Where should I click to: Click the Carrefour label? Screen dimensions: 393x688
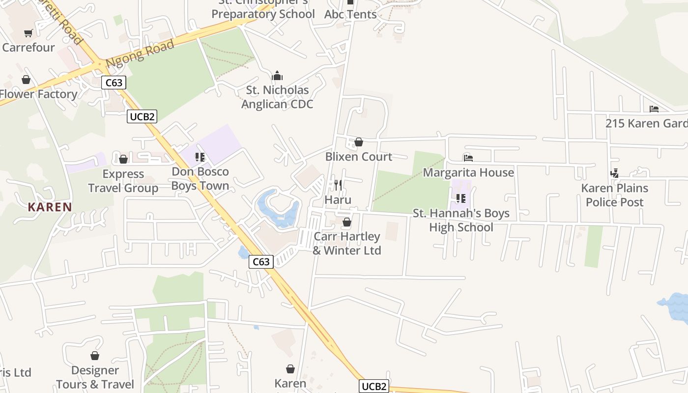(28, 48)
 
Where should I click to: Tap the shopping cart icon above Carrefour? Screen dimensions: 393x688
(29, 33)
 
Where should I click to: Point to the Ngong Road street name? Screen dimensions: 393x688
(140, 54)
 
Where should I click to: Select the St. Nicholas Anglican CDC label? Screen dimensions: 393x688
(277, 97)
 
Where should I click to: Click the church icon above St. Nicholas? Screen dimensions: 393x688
(277, 76)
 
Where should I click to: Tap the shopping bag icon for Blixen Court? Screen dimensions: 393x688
(359, 142)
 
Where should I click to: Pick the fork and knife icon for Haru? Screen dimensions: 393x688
(338, 185)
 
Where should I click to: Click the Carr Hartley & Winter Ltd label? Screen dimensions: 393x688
(347, 244)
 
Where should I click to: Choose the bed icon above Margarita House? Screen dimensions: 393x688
(468, 158)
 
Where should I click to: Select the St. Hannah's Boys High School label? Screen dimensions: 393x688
(461, 221)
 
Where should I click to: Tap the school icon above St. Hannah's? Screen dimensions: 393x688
(461, 198)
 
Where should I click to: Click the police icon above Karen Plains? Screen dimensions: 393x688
(614, 173)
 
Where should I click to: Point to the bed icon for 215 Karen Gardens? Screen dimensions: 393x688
(654, 109)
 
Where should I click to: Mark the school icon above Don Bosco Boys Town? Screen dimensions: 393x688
(200, 157)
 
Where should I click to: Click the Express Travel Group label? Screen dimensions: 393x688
(123, 181)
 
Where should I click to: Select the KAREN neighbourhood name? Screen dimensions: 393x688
(50, 207)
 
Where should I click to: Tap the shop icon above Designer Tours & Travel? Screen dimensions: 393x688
(95, 356)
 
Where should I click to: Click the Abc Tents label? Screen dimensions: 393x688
(350, 15)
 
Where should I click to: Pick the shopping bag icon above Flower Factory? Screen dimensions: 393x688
(26, 80)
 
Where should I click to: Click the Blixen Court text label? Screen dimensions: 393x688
(359, 157)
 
